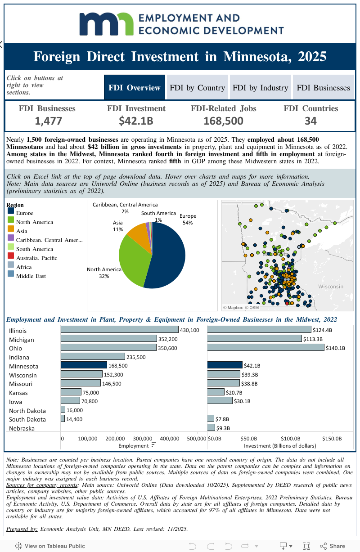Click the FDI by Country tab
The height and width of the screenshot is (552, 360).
coord(197,88)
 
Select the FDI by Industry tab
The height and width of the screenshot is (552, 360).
coord(260,88)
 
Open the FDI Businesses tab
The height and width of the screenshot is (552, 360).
coord(323,88)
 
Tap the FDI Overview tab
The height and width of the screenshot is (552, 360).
coord(135,88)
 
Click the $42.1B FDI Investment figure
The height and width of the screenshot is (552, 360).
coord(136,121)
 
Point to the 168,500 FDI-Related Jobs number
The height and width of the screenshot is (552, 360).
coord(223,121)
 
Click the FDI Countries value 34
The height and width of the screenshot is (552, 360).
coord(310,121)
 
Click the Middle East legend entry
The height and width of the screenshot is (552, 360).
coord(31,276)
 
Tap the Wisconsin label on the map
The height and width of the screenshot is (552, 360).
coord(330,287)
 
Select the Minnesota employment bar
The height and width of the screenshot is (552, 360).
coord(84,365)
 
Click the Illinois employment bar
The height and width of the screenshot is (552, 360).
coord(119,330)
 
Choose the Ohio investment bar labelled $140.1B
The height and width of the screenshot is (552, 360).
coord(265,347)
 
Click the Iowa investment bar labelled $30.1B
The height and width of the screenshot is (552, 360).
coord(220,400)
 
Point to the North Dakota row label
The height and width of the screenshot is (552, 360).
coord(27,411)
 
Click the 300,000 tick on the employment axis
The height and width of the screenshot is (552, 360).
coord(143,439)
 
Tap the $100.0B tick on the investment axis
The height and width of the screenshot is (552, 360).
coord(291,439)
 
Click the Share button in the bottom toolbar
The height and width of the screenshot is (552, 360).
coord(333,546)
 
